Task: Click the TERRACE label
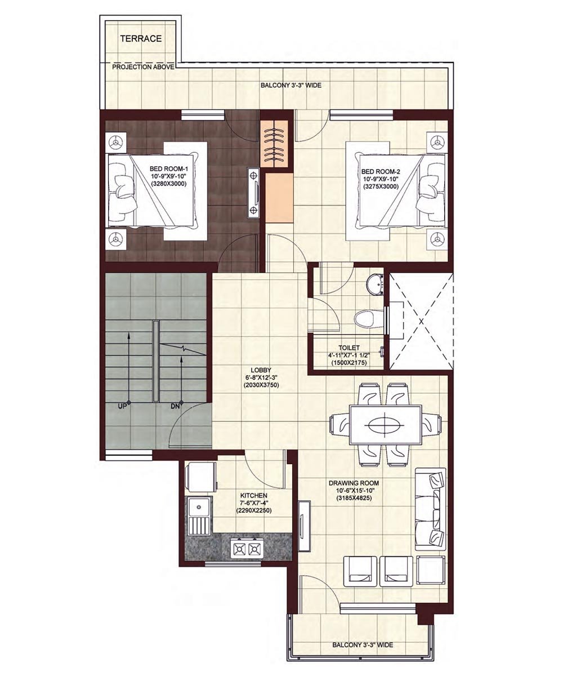pyautogui.click(x=141, y=38)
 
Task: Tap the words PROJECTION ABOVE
pyautogui.click(x=143, y=67)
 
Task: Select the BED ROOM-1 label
pyautogui.click(x=168, y=168)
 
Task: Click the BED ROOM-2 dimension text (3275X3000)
pyautogui.click(x=380, y=186)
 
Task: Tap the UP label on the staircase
pyautogui.click(x=122, y=406)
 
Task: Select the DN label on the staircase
pyautogui.click(x=175, y=406)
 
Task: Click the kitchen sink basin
pyautogui.click(x=199, y=508)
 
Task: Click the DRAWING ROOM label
pyautogui.click(x=354, y=483)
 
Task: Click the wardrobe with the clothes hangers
pyautogui.click(x=274, y=144)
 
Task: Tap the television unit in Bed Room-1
pyautogui.click(x=253, y=192)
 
